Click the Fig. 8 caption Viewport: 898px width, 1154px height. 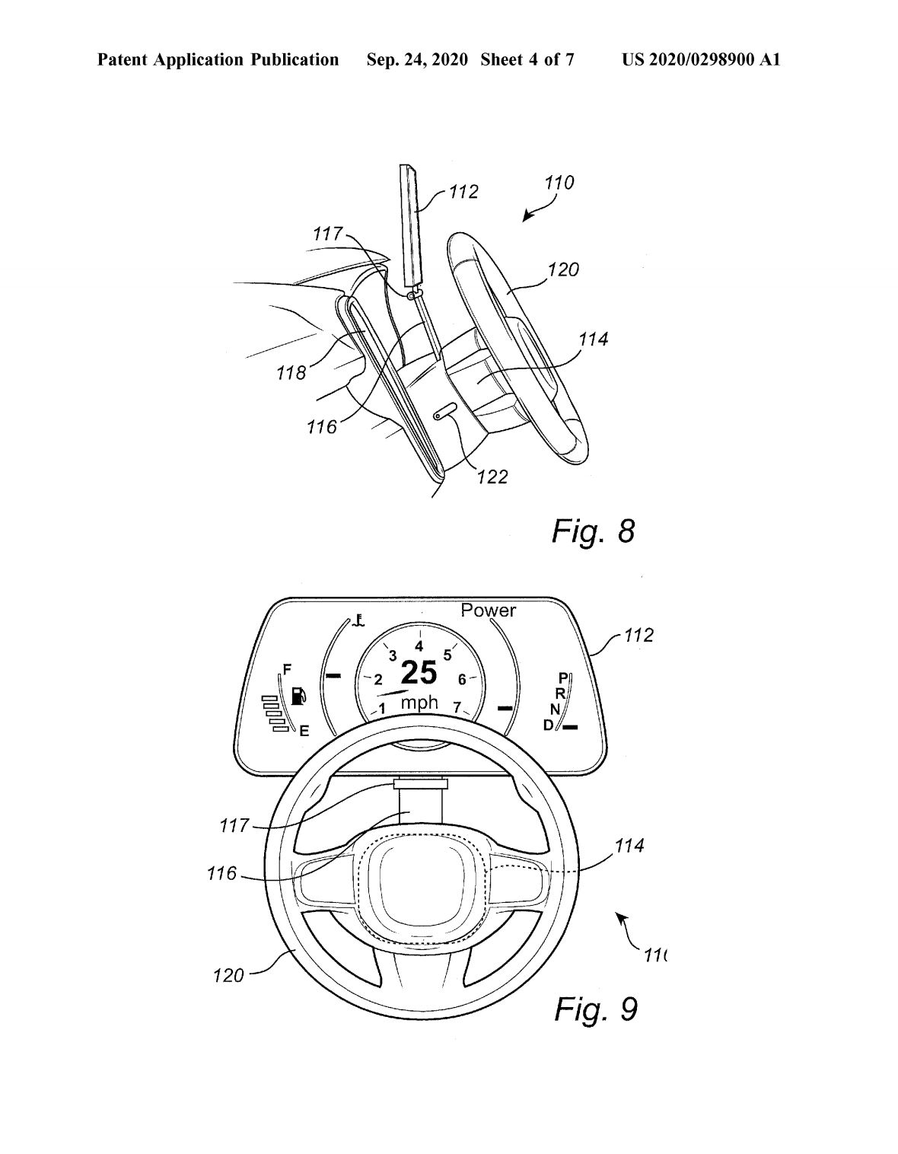pyautogui.click(x=593, y=531)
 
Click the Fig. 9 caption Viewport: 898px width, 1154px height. pyautogui.click(x=595, y=1009)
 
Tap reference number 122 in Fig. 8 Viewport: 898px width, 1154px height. pyautogui.click(x=492, y=477)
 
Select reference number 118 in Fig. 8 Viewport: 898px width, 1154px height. pyautogui.click(x=291, y=372)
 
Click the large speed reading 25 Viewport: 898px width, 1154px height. pyautogui.click(x=419, y=673)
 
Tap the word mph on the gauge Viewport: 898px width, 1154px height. pyautogui.click(x=419, y=703)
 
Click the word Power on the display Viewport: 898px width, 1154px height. pyautogui.click(x=488, y=610)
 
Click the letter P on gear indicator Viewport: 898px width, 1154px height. pyautogui.click(x=563, y=677)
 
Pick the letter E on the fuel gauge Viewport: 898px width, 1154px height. pyautogui.click(x=304, y=732)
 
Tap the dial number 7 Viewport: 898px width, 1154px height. pyautogui.click(x=457, y=708)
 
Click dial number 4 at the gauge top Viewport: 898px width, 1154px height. pyautogui.click(x=419, y=646)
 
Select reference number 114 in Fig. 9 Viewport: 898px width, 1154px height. pyautogui.click(x=629, y=845)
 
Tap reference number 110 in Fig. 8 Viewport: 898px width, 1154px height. pyautogui.click(x=559, y=183)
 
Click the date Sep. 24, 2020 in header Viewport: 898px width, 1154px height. pyautogui.click(x=416, y=59)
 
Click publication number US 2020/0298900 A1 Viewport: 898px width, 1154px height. pyautogui.click(x=701, y=59)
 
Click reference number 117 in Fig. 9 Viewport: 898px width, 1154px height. pyautogui.click(x=234, y=824)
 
